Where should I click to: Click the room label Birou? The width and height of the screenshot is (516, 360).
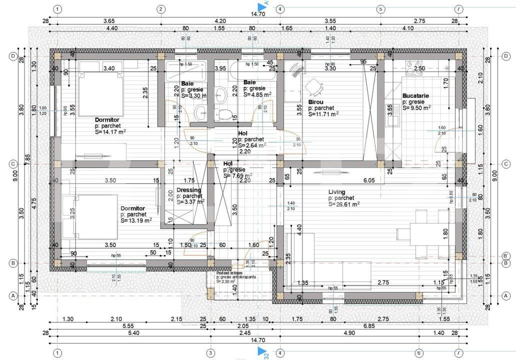pyautogui.click(x=315, y=101)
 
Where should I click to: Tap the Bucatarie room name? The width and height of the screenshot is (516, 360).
pyautogui.click(x=415, y=95)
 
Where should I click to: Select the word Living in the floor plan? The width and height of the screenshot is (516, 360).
pyautogui.click(x=336, y=192)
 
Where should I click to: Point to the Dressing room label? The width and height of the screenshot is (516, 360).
pyautogui.click(x=189, y=190)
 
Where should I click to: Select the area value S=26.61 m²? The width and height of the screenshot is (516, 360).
pyautogui.click(x=344, y=204)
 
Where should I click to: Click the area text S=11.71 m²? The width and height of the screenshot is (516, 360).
pyautogui.click(x=323, y=113)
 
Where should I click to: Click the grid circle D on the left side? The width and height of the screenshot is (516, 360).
pyautogui.click(x=13, y=56)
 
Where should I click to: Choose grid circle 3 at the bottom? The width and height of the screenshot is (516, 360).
pyautogui.click(x=210, y=352)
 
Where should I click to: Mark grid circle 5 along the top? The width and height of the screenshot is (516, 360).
pyautogui.click(x=380, y=9)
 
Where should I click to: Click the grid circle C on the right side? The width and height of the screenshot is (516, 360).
pyautogui.click(x=506, y=163)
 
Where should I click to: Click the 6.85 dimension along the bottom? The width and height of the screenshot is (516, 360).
pyautogui.click(x=369, y=325)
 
